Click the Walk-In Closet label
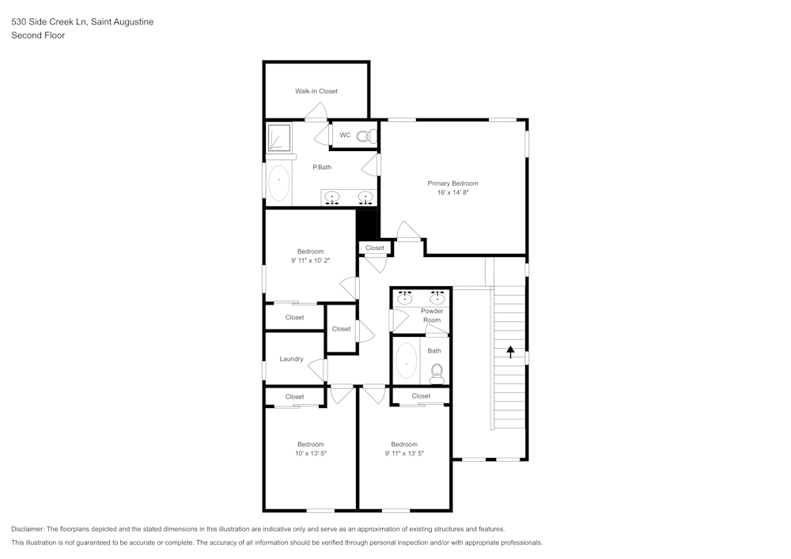point(316,91)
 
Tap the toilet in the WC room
point(364,136)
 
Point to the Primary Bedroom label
point(452,183)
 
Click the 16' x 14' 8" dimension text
point(452,193)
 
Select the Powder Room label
point(432,315)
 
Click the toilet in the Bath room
point(437,372)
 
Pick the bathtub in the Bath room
point(406,361)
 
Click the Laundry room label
point(291,359)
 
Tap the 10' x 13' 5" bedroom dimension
point(310,454)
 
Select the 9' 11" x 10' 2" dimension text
point(310,261)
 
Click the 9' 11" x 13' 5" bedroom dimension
point(404,454)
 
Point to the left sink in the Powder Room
point(405,298)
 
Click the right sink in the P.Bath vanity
point(365,197)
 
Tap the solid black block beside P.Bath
point(366,223)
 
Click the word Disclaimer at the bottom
point(28,529)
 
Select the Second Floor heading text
point(38,36)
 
